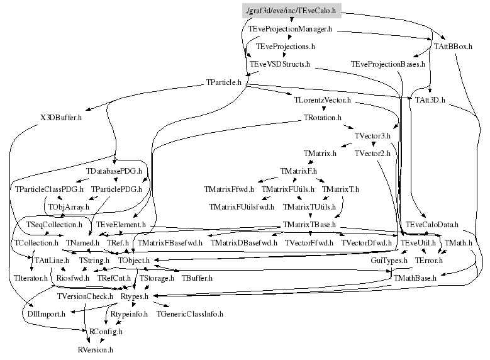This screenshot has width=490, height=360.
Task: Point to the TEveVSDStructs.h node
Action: point(279,64)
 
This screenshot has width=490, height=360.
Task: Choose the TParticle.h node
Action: point(224,82)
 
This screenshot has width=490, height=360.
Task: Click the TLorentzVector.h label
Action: point(322,100)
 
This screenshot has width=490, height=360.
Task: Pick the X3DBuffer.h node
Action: point(61,118)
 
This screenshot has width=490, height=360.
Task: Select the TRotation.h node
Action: point(322,118)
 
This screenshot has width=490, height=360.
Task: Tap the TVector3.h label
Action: point(372,135)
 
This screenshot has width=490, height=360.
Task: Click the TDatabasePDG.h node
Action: point(114,171)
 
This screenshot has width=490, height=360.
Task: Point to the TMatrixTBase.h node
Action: point(309,224)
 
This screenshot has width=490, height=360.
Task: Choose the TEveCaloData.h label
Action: point(432,224)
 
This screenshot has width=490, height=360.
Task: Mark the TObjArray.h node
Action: point(69,206)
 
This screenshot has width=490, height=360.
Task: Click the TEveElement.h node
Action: point(121,224)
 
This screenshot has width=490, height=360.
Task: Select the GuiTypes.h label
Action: point(389,259)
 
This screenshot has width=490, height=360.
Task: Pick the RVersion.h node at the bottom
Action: point(95,348)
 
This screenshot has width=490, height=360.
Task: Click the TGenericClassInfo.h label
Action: point(190,313)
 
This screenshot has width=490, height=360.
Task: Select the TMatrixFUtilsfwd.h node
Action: point(242,206)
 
